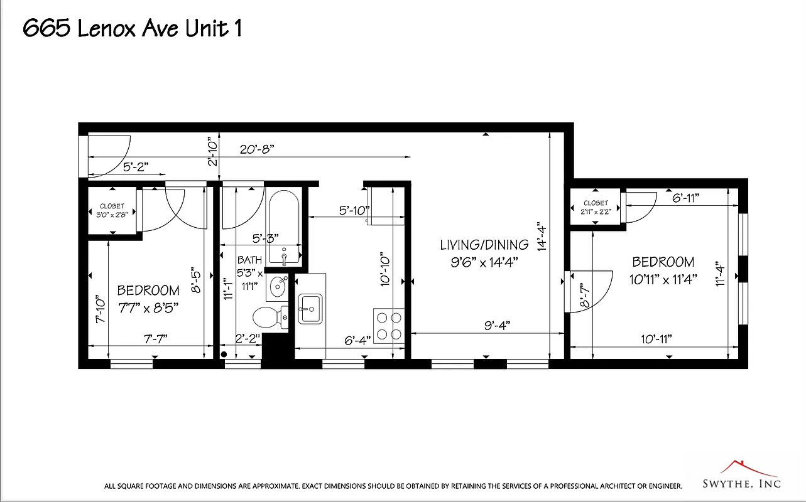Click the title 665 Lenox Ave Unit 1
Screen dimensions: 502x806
[133, 29]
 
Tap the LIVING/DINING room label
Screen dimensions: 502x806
[484, 245]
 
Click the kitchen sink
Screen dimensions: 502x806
[310, 309]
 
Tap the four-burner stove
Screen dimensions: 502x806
[388, 325]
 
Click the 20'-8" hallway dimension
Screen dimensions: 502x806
[257, 150]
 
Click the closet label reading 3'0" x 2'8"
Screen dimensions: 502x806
[112, 210]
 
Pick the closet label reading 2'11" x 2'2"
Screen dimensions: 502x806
[595, 207]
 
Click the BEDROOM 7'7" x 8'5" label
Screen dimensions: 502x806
[148, 298]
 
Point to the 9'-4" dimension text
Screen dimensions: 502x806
[497, 325]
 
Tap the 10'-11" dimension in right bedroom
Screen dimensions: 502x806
[656, 339]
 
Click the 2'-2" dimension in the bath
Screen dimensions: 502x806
[248, 339]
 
